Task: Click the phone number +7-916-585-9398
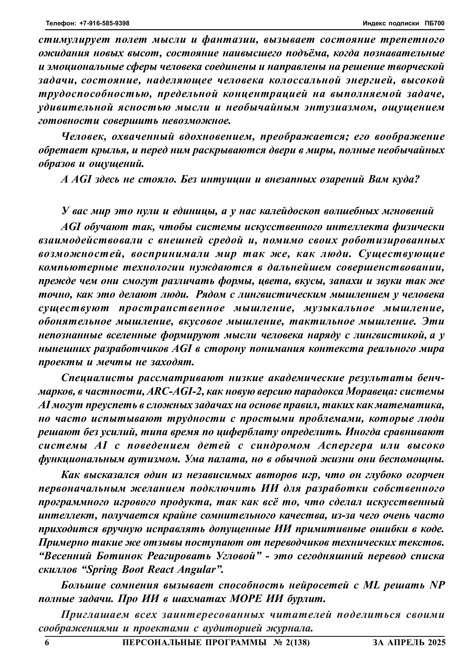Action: pyautogui.click(x=105, y=23)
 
